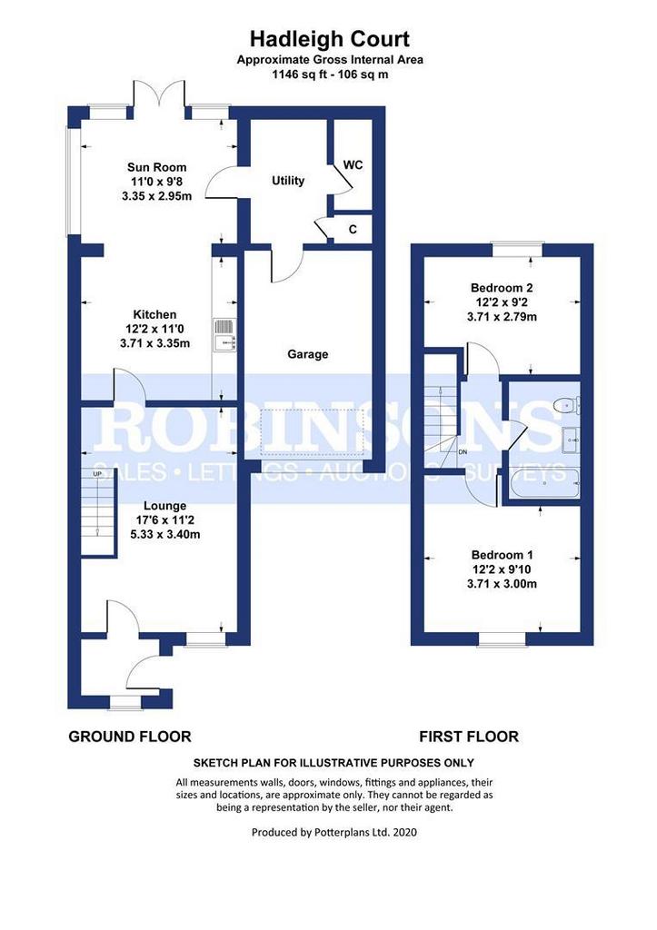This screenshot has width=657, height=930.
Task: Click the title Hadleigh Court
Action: pyautogui.click(x=329, y=39)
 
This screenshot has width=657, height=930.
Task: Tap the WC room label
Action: pyautogui.click(x=353, y=165)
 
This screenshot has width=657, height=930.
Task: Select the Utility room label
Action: pyautogui.click(x=288, y=181)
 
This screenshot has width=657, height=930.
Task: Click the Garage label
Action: pyautogui.click(x=307, y=354)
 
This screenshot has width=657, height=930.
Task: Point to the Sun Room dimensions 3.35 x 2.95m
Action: pyautogui.click(x=156, y=196)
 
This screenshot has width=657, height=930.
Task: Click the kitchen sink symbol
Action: pyautogui.click(x=225, y=334)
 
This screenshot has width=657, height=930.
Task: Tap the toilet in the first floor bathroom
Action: pyautogui.click(x=565, y=405)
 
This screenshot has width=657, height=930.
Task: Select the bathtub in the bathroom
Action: pyautogui.click(x=545, y=483)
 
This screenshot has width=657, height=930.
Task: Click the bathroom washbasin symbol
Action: pyautogui.click(x=570, y=440)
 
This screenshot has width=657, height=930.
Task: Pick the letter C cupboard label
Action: pyautogui.click(x=353, y=230)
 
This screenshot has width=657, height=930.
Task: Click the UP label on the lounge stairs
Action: pyautogui.click(x=97, y=473)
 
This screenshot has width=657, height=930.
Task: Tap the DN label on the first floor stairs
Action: pyautogui.click(x=463, y=452)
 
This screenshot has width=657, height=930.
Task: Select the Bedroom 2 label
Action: pyautogui.click(x=502, y=288)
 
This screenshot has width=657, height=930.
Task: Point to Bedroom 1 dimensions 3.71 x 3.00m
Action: pyautogui.click(x=503, y=584)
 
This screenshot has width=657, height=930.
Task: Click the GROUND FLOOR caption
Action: pyautogui.click(x=130, y=737)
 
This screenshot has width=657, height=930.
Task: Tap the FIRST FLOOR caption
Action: pyautogui.click(x=469, y=737)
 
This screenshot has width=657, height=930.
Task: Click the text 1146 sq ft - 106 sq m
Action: pyautogui.click(x=330, y=74)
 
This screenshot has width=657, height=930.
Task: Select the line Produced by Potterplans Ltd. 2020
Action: pyautogui.click(x=334, y=832)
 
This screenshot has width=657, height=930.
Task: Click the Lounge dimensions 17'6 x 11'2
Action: pyautogui.click(x=165, y=520)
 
